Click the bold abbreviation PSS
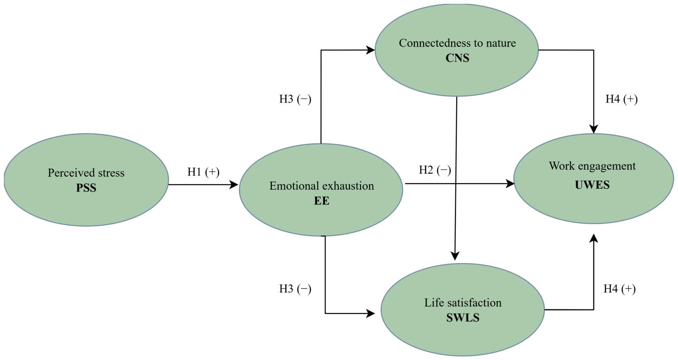(86, 188)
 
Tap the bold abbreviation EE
(321, 201)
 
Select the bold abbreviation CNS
(457, 58)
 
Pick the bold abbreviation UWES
(592, 185)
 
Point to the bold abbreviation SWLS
(463, 318)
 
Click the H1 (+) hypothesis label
(203, 172)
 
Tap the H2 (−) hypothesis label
(435, 170)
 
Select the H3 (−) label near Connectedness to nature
(295, 99)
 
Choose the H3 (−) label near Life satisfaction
(295, 289)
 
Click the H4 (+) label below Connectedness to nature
(622, 99)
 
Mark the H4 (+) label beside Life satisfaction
(619, 289)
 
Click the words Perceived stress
(86, 173)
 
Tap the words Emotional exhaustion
(321, 186)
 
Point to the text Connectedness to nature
(457, 43)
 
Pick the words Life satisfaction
(463, 303)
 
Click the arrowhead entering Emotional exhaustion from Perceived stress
(234, 184)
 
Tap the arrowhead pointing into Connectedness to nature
(370, 50)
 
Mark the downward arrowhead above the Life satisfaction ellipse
(455, 256)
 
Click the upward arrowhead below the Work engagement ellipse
(593, 238)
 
